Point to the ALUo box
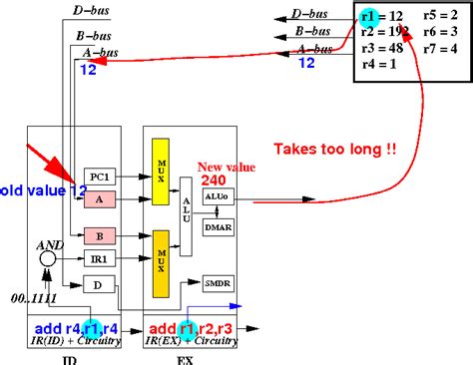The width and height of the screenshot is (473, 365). click(x=219, y=196)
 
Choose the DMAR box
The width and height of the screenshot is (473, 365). click(x=219, y=228)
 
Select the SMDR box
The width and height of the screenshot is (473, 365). click(x=219, y=283)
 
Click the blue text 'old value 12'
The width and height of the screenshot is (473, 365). click(x=38, y=190)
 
